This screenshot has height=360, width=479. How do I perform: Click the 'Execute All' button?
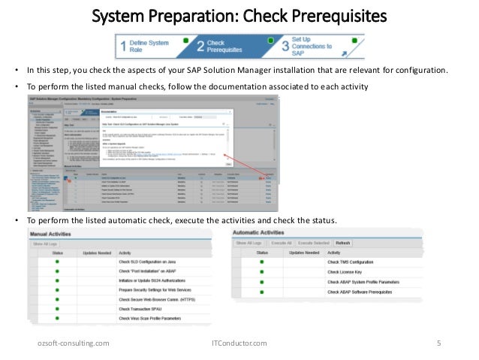point(282,244)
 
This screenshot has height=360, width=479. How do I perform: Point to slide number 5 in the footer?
point(439,344)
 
